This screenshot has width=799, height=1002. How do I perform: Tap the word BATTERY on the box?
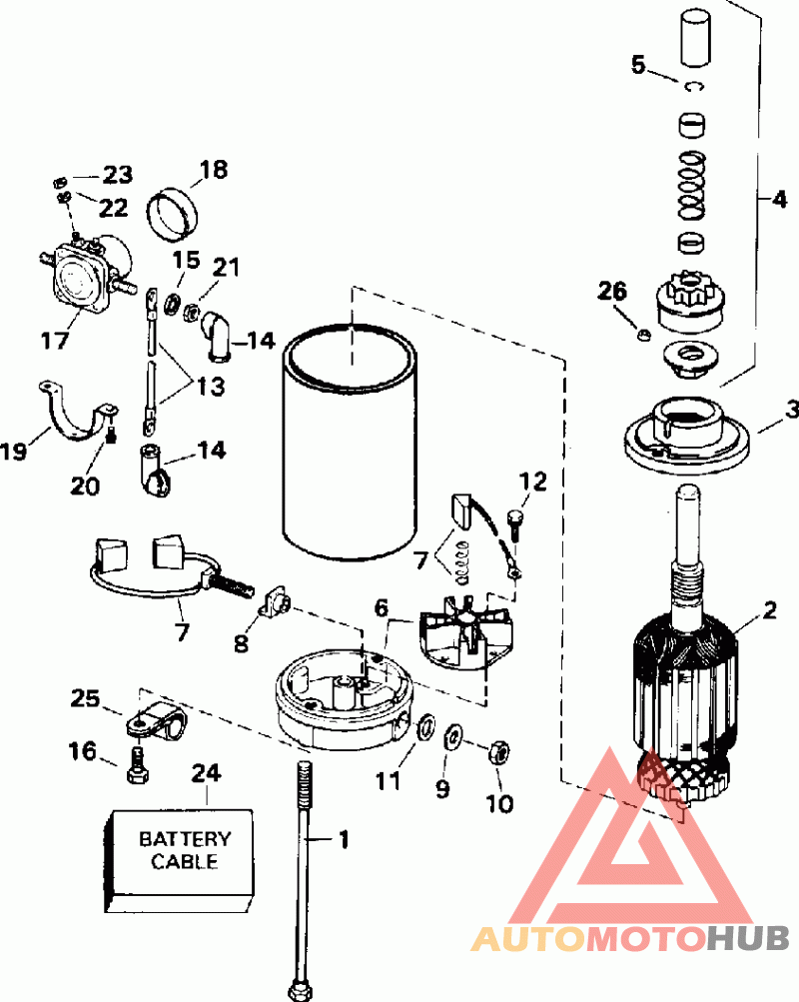click(x=184, y=839)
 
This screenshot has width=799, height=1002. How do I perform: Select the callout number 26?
click(x=612, y=292)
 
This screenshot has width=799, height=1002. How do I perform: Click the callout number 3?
click(x=792, y=409)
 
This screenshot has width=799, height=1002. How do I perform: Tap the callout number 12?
click(x=532, y=482)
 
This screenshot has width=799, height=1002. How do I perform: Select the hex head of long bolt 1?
click(x=299, y=991)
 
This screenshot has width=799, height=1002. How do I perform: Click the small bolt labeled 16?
click(x=138, y=766)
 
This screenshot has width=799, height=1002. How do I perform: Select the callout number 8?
click(x=241, y=643)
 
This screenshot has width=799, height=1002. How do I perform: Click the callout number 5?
click(x=639, y=67)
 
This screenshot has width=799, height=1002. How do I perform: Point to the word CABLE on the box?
click(x=184, y=861)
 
